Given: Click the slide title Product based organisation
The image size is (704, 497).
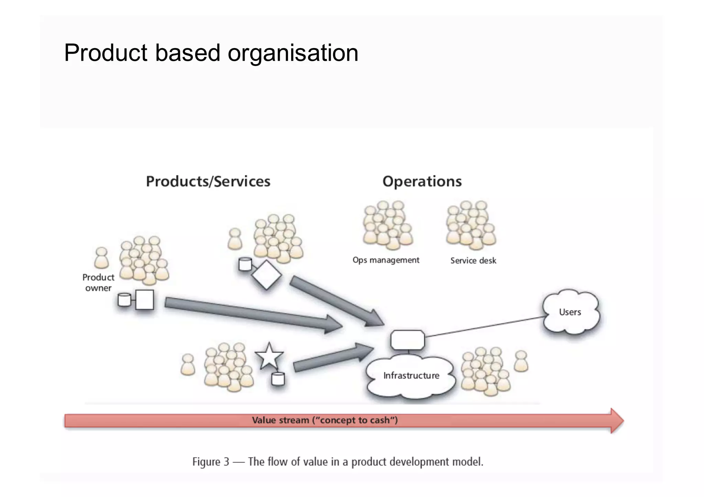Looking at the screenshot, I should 211,53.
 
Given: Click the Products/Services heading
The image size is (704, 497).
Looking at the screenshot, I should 208,181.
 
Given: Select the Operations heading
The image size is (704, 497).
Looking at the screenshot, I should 422,181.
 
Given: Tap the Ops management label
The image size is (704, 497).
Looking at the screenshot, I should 386,260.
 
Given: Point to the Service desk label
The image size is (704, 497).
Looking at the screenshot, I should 473,261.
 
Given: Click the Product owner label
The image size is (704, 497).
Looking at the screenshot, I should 98,283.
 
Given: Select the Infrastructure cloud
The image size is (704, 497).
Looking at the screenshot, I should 411,376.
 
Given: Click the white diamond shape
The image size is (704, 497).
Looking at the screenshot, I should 266,275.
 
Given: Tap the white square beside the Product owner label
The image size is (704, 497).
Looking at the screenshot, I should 144,300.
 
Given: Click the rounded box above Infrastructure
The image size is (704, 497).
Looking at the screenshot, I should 408,340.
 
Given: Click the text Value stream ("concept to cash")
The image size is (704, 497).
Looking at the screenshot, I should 324,420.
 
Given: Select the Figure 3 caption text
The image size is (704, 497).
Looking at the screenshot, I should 338,462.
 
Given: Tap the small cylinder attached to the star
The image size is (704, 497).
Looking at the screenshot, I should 278,379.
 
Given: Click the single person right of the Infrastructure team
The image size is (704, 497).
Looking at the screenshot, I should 521,361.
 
